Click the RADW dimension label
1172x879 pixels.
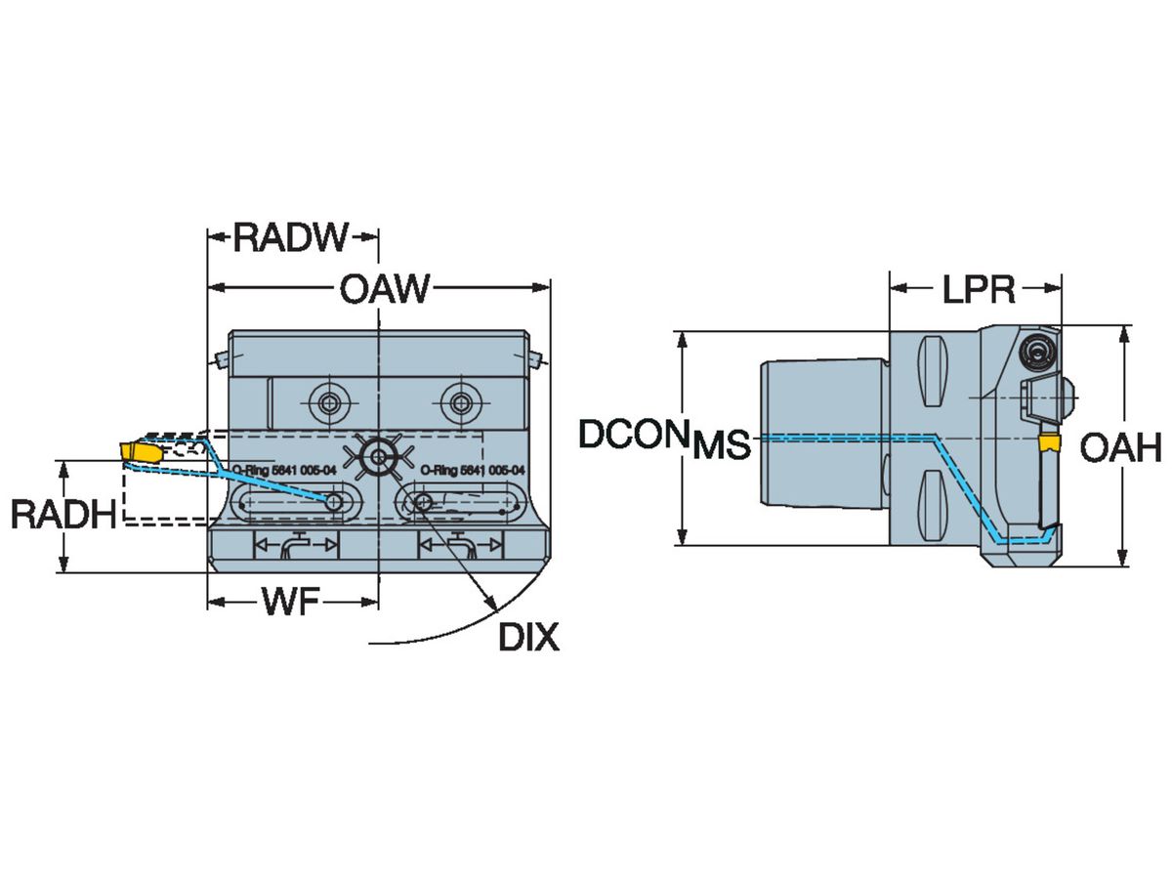[x=291, y=236]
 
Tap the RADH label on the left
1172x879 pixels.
[x=63, y=514]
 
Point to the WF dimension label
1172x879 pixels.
[x=290, y=604]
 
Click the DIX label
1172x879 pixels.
[x=528, y=638]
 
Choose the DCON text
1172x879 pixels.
[x=630, y=435]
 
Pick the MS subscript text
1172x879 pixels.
[x=722, y=447]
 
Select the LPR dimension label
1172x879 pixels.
[x=979, y=289]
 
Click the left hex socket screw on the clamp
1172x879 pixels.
[x=325, y=400]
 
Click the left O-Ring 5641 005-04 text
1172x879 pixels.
[x=283, y=470]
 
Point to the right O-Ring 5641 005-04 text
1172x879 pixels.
[x=473, y=470]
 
